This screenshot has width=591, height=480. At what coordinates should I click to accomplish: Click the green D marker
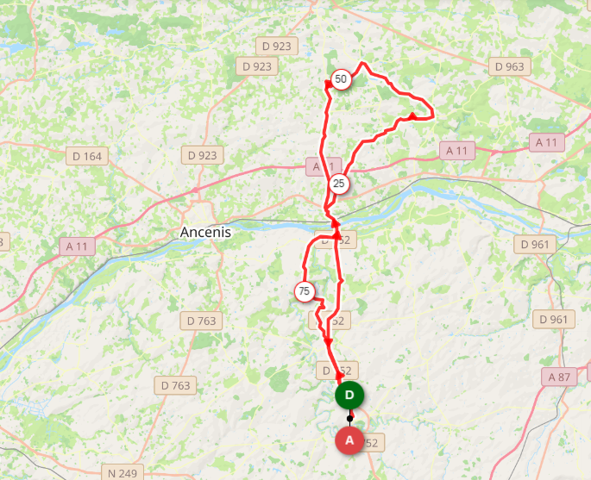pyautogui.click(x=349, y=396)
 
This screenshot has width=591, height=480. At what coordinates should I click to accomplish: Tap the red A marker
pyautogui.click(x=349, y=439)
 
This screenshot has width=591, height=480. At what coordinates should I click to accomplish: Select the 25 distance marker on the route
pyautogui.click(x=338, y=184)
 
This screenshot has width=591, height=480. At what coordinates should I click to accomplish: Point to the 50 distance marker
pyautogui.click(x=341, y=79)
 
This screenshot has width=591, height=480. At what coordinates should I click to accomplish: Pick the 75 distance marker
pyautogui.click(x=304, y=292)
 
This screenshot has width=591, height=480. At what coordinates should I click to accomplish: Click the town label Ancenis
pyautogui.click(x=206, y=233)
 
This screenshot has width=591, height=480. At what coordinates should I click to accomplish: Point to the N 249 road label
pyautogui.click(x=123, y=472)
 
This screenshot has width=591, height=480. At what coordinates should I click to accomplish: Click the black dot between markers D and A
pyautogui.click(x=349, y=418)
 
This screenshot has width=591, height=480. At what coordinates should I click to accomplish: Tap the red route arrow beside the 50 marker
pyautogui.click(x=328, y=84)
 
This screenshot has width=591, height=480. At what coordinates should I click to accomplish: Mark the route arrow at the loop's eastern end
pyautogui.click(x=413, y=115)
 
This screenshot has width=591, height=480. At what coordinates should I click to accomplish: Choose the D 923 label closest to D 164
pyautogui.click(x=203, y=155)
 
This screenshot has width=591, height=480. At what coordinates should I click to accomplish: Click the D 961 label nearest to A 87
pyautogui.click(x=553, y=320)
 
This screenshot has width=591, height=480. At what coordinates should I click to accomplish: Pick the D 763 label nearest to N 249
pyautogui.click(x=175, y=385)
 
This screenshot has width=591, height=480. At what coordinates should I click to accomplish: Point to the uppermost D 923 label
pyautogui.click(x=276, y=46)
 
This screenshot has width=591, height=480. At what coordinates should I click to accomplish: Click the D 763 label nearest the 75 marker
pyautogui.click(x=203, y=321)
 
